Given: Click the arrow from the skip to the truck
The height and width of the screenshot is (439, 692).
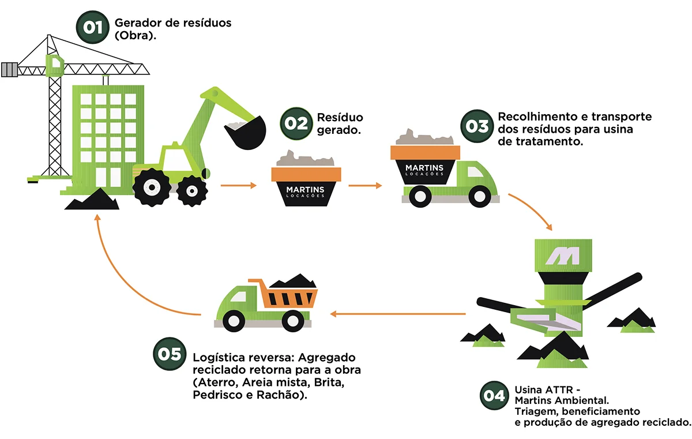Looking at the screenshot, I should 365,186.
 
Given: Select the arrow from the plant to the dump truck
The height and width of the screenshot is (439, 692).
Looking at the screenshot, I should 398,314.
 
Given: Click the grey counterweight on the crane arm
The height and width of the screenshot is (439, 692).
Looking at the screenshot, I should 9,70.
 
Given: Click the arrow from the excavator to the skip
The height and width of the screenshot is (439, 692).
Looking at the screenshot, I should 238,186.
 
